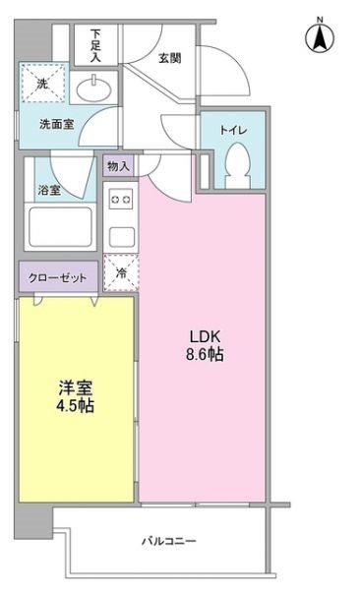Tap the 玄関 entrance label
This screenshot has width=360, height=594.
click(169, 58)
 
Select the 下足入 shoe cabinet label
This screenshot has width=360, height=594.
click(95, 46)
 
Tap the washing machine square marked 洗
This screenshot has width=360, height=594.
click(43, 86)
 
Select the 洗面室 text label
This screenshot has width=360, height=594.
click(55, 125)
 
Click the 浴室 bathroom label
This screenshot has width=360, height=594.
click(49, 190)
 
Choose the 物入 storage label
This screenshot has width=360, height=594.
click(118, 165)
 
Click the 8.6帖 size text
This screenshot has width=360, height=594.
click(203, 354)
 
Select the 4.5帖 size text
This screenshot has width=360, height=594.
click(74, 405)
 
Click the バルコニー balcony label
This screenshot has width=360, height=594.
click(168, 542)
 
